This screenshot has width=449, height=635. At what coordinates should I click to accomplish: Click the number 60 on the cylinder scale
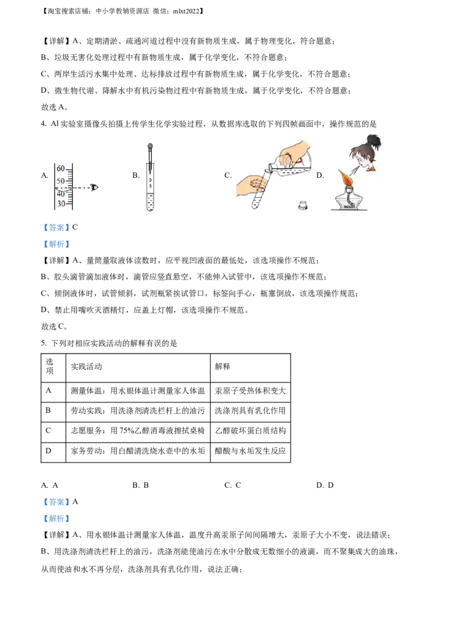pyautogui.click(x=61, y=169)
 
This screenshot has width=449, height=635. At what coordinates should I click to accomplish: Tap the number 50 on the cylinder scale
pyautogui.click(x=61, y=181)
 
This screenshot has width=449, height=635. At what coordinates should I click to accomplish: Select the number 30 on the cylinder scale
pyautogui.click(x=61, y=204)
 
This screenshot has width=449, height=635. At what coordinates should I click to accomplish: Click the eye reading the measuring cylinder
pyautogui.click(x=94, y=187)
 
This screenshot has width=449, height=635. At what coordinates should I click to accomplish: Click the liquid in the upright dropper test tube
pyautogui.click(x=150, y=203)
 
